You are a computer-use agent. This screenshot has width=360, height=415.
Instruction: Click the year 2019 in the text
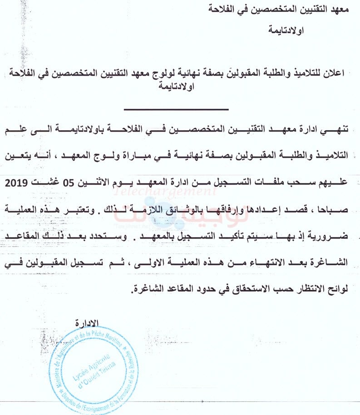point(17,184)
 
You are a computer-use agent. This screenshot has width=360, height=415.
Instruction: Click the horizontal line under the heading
point(177,109)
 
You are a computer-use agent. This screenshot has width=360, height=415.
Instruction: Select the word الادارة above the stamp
point(86,323)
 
